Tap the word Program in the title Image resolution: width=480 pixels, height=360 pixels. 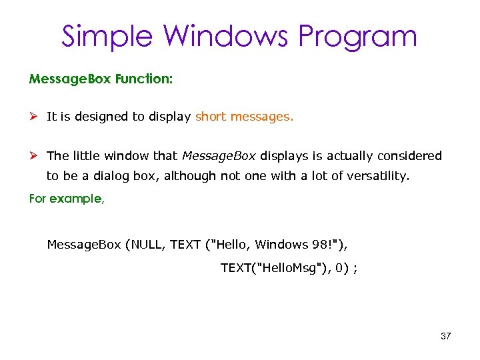pyautogui.click(x=357, y=37)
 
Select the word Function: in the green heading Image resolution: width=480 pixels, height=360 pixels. pyautogui.click(x=143, y=79)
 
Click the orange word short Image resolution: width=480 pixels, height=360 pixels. pyautogui.click(x=211, y=117)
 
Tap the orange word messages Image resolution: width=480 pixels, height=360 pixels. pyautogui.click(x=262, y=117)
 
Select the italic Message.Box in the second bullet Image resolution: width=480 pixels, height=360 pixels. pyautogui.click(x=219, y=156)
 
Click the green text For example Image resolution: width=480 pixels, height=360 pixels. pyautogui.click(x=67, y=199)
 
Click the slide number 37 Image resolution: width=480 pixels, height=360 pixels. pyautogui.click(x=446, y=336)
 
